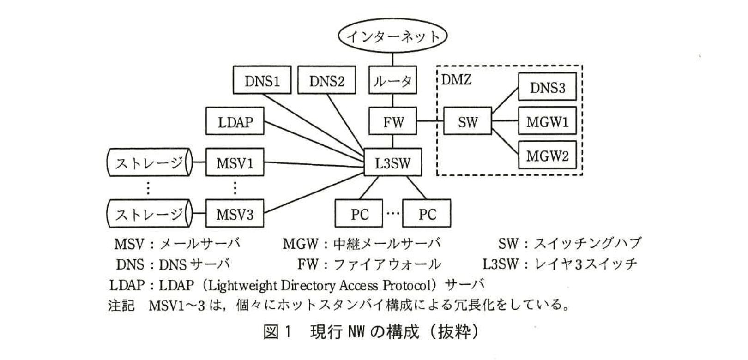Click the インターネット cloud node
tap(392, 36)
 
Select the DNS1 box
tap(262, 81)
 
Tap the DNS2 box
tap(326, 81)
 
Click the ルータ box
tap(392, 81)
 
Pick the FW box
tap(393, 122)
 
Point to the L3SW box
tap(392, 162)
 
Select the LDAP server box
tap(235, 122)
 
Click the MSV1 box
tap(235, 163)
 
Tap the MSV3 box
tap(235, 214)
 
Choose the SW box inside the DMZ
tap(467, 122)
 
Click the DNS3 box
tap(547, 87)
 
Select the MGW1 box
tap(547, 122)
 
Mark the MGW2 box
tap(547, 156)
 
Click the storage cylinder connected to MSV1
tap(149, 163)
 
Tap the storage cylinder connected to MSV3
tap(149, 214)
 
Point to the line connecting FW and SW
tap(430, 122)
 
